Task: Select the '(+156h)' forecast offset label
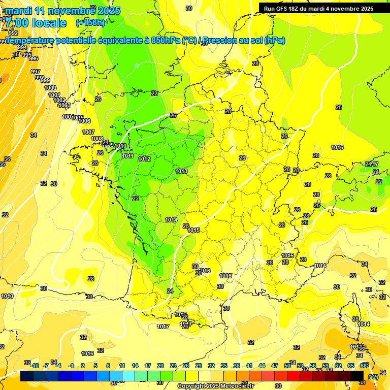(x=90, y=22)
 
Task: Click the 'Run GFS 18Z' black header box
(x=318, y=8)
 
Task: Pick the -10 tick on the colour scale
(x=34, y=366)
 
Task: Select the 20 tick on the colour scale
(x=160, y=366)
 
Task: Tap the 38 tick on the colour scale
(x=237, y=366)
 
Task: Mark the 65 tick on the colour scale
(x=351, y=366)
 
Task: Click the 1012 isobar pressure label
(x=144, y=159)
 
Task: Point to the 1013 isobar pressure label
(x=181, y=171)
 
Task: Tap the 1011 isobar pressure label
(x=127, y=156)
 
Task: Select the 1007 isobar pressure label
(x=88, y=132)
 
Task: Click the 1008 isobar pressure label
(x=96, y=139)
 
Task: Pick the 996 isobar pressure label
(x=34, y=58)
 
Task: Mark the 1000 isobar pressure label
(x=50, y=88)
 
